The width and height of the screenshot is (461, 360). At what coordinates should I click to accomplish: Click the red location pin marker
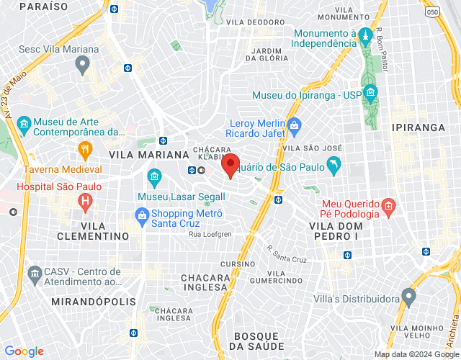tap(230, 165)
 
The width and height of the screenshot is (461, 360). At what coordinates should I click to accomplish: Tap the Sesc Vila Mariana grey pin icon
tap(82, 65)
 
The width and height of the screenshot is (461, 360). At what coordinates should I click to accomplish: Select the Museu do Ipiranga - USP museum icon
tap(370, 93)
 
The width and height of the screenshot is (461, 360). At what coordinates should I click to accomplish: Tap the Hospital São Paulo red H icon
tap(85, 201)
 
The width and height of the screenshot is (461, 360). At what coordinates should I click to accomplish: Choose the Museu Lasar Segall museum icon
tap(153, 176)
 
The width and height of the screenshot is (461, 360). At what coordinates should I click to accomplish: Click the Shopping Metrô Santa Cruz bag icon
tap(142, 215)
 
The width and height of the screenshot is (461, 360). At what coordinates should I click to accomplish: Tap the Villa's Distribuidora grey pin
tap(409, 296)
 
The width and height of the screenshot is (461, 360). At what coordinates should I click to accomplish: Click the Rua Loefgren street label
tap(211, 234)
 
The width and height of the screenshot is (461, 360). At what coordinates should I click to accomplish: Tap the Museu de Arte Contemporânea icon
tap(24, 125)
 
